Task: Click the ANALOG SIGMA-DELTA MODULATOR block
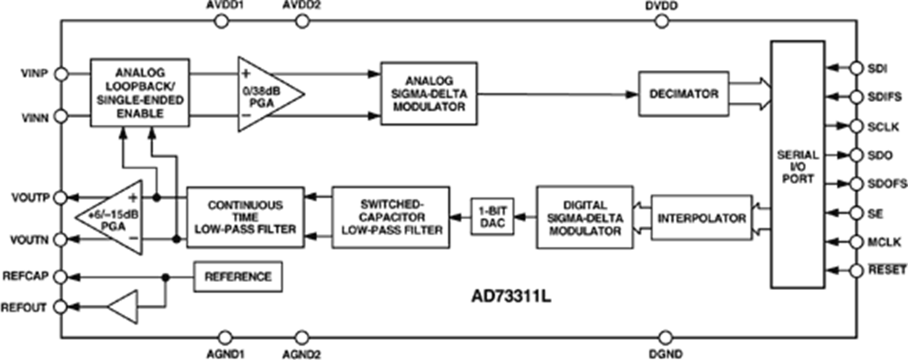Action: (x=429, y=93)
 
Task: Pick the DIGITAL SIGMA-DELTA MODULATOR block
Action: (x=585, y=217)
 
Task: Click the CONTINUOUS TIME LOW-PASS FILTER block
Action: (x=245, y=217)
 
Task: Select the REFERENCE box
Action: (x=237, y=277)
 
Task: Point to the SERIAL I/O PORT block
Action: (x=797, y=164)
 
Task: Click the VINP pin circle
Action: (x=61, y=74)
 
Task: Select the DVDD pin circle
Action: (x=661, y=22)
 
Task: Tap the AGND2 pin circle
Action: (x=302, y=338)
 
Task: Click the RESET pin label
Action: (x=886, y=270)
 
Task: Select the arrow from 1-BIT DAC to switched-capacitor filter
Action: (x=459, y=217)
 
